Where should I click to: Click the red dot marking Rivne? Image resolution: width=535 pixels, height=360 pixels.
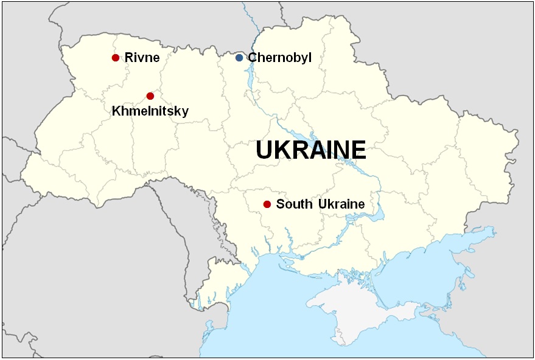[116, 58]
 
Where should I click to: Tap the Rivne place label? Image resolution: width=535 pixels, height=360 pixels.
[142, 58]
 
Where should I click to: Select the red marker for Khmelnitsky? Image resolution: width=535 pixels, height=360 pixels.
[150, 96]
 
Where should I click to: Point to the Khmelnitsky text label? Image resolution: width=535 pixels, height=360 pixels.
[150, 111]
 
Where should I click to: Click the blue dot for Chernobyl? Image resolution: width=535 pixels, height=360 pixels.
[239, 58]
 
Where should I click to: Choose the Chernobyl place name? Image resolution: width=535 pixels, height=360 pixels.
[279, 58]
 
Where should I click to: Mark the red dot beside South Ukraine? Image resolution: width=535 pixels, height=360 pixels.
[267, 204]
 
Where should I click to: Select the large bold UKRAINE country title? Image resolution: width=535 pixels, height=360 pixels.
[310, 150]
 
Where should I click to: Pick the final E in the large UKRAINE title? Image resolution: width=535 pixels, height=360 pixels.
[358, 150]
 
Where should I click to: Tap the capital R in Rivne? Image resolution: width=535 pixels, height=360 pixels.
[129, 58]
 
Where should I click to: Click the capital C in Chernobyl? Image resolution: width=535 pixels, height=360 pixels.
[253, 58]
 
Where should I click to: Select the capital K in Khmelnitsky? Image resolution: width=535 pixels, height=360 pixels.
[116, 111]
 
